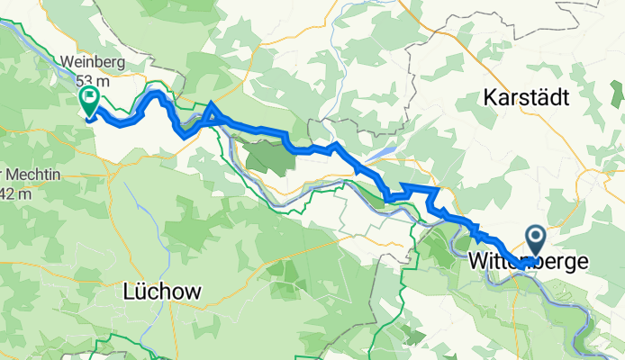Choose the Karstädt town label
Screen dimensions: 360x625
[x=528, y=96]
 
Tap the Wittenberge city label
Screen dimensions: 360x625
[x=530, y=263]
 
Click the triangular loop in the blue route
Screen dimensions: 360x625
[x=211, y=113]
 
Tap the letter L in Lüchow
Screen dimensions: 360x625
[x=126, y=292]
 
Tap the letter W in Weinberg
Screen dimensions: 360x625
[x=67, y=64]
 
